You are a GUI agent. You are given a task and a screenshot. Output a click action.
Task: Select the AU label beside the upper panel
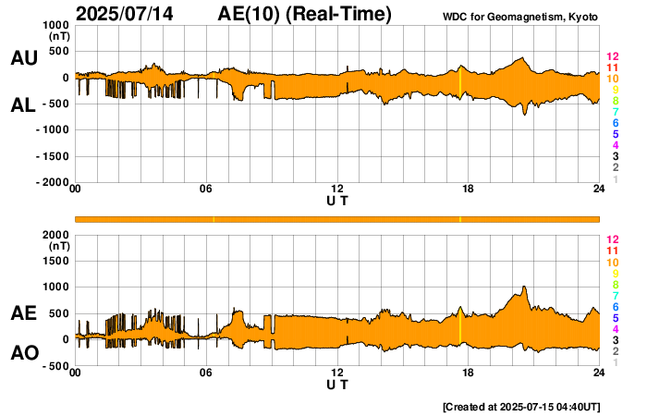[23, 58]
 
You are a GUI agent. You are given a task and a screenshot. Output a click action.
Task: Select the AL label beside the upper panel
[23, 105]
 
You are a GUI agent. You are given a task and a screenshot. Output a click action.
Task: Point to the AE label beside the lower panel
[23, 314]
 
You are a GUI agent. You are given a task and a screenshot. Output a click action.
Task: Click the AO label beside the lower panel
[23, 353]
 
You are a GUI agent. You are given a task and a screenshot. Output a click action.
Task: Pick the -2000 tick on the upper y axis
[53, 183]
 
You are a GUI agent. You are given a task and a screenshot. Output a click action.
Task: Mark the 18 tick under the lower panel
[468, 373]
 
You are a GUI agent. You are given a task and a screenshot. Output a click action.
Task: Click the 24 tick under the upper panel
[599, 190]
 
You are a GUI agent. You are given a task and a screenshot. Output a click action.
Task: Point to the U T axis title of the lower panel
[337, 385]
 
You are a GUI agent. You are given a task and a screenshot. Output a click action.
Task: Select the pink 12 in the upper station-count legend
[612, 57]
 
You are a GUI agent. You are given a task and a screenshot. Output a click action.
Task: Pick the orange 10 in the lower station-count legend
[612, 263]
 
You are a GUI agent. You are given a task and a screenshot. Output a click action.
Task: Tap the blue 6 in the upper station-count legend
[615, 123]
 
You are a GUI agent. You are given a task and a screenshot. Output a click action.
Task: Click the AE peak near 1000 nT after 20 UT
[524, 288]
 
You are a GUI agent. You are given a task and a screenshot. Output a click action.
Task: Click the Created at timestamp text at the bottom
[522, 407]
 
